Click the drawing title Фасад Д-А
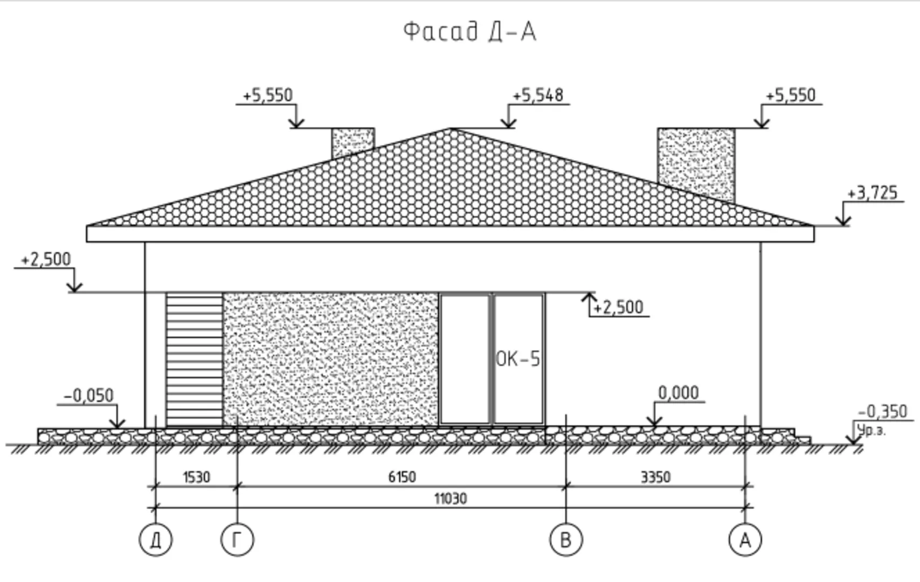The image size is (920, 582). (469, 31)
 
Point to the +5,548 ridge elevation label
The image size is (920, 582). (537, 95)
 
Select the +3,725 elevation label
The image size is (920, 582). (872, 193)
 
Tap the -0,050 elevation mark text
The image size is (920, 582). (89, 396)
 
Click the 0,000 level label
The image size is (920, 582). (678, 393)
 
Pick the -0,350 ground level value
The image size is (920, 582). (882, 412)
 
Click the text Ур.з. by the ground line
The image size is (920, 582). (871, 431)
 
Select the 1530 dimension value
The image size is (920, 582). (196, 477)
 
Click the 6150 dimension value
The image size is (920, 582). (402, 477)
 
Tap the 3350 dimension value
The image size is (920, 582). (655, 477)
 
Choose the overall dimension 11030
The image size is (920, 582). (450, 498)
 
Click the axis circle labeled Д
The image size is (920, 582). (156, 539)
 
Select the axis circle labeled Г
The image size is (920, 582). (237, 539)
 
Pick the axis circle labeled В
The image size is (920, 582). (566, 539)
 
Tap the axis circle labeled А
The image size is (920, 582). (745, 539)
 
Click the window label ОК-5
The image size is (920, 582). (517, 359)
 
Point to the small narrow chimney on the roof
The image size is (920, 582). (352, 141)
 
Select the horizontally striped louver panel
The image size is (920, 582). (195, 359)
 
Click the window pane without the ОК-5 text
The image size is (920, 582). (465, 359)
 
